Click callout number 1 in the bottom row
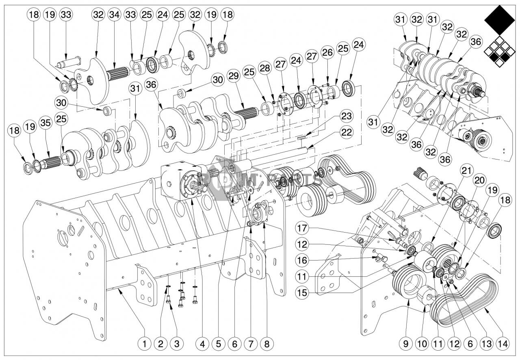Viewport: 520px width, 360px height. click(x=144, y=344)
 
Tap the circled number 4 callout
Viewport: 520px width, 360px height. click(x=202, y=344)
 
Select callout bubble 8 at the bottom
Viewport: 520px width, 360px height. click(x=267, y=344)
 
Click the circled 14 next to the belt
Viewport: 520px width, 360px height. click(x=503, y=344)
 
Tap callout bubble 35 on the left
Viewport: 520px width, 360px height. click(x=45, y=121)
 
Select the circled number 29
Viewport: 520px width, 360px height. click(x=234, y=77)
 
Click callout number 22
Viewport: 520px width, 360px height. click(x=347, y=132)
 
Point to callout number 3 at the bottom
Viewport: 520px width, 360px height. click(x=177, y=344)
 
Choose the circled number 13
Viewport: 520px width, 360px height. click(x=486, y=344)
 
